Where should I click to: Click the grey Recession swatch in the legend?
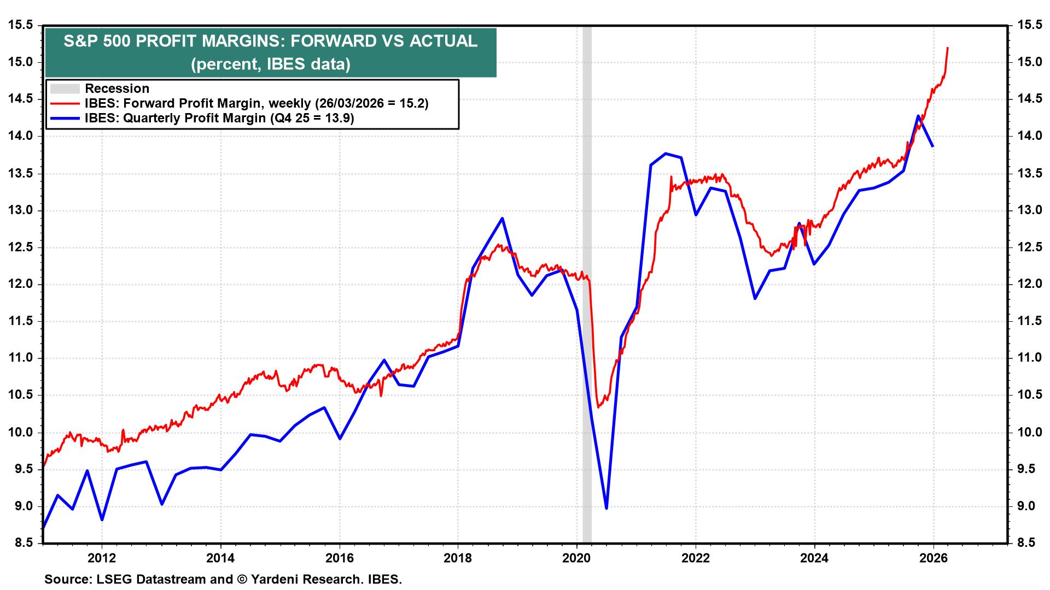pos(65,88)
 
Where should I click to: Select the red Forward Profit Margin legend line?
pos(65,103)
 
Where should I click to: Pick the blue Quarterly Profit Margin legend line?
pos(65,118)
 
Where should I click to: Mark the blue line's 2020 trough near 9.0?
pos(606,508)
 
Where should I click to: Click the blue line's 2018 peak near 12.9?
pos(502,219)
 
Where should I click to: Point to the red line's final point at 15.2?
pos(947,48)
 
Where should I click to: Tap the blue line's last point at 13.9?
pos(932,146)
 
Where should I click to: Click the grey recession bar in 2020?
pos(587,328)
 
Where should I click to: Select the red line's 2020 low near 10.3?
pos(598,407)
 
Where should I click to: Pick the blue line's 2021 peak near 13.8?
pos(666,154)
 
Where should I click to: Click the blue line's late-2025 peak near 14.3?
pos(918,115)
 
